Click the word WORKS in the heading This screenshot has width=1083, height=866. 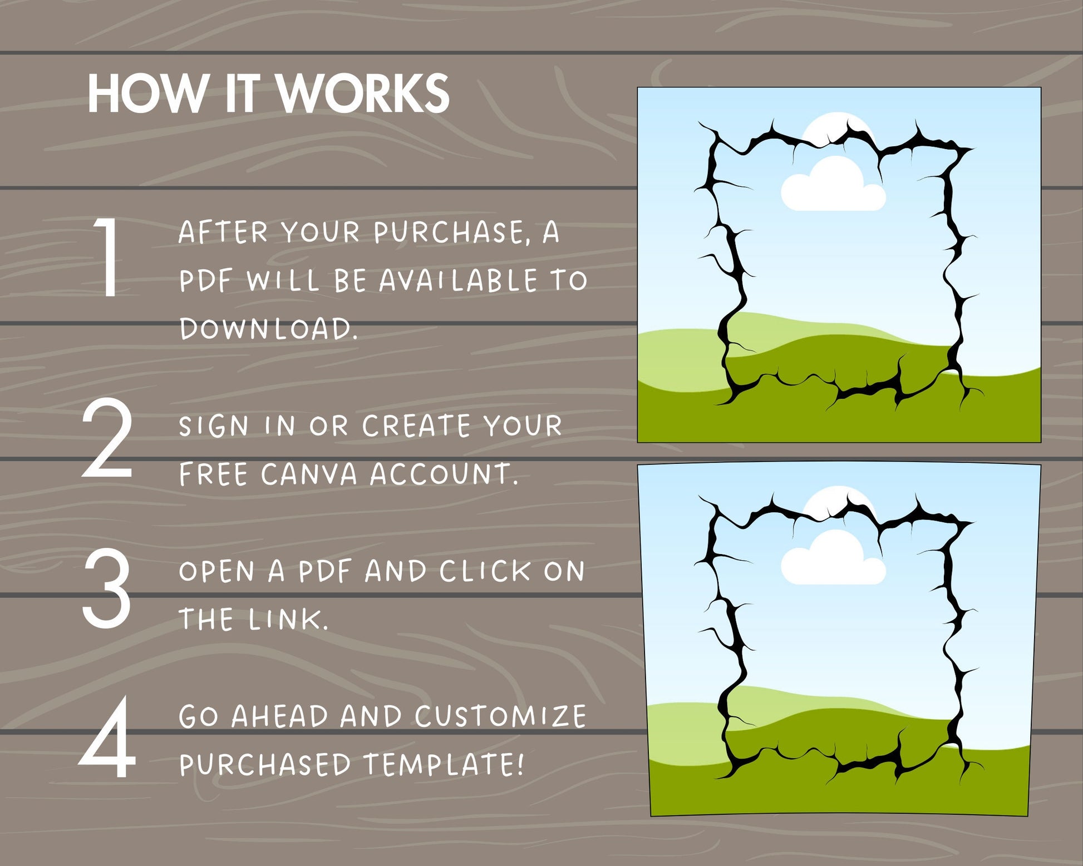pyautogui.click(x=363, y=93)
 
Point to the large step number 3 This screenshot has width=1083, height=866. pyautogui.click(x=107, y=588)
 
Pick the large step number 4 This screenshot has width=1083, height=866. pyautogui.click(x=107, y=738)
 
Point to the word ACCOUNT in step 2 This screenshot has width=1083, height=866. pyautogui.click(x=444, y=474)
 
